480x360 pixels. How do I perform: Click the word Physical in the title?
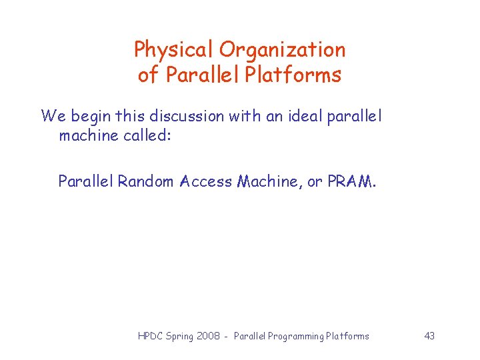pos(174,50)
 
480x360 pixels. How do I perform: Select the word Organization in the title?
pos(283,50)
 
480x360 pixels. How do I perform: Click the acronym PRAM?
pos(351,181)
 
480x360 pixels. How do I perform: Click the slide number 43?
pos(429,336)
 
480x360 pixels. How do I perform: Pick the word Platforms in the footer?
pos(347,336)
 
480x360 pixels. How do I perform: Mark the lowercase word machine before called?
pos(85,136)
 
